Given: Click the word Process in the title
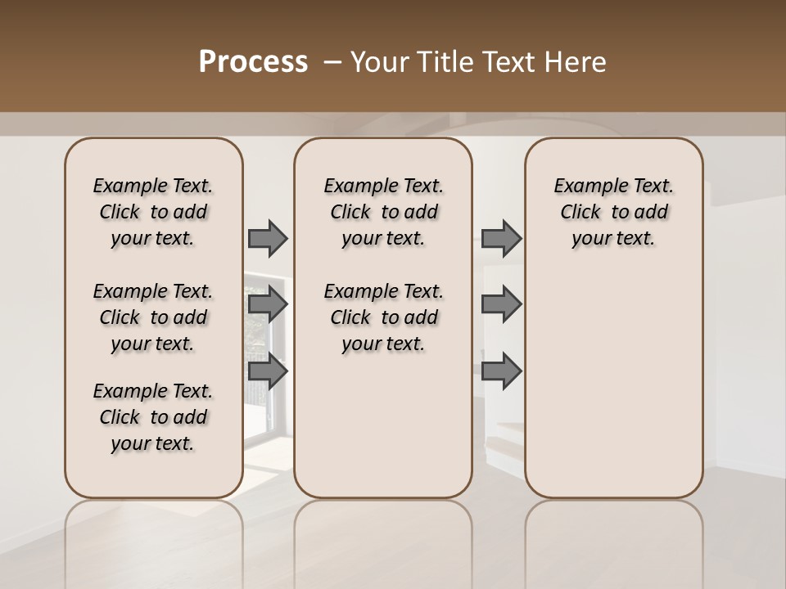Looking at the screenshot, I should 253,62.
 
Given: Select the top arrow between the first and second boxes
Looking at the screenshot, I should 268,238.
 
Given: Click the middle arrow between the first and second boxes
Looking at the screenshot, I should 268,304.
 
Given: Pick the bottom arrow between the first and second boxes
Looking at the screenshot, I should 268,371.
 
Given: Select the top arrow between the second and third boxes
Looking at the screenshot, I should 502,238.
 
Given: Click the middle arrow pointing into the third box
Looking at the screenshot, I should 502,304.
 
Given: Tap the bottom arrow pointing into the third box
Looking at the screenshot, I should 502,371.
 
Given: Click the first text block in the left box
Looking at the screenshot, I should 153,212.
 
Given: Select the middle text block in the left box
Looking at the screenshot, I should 153,317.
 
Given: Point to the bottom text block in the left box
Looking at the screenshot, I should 153,417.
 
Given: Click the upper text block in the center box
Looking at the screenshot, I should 383,212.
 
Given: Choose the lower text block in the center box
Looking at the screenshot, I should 383,317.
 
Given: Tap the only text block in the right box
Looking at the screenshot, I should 613,212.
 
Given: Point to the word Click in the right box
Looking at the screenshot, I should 580,212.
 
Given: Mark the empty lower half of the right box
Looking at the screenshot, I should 613,384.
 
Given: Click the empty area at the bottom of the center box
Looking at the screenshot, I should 383,434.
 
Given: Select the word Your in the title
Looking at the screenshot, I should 378,62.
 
